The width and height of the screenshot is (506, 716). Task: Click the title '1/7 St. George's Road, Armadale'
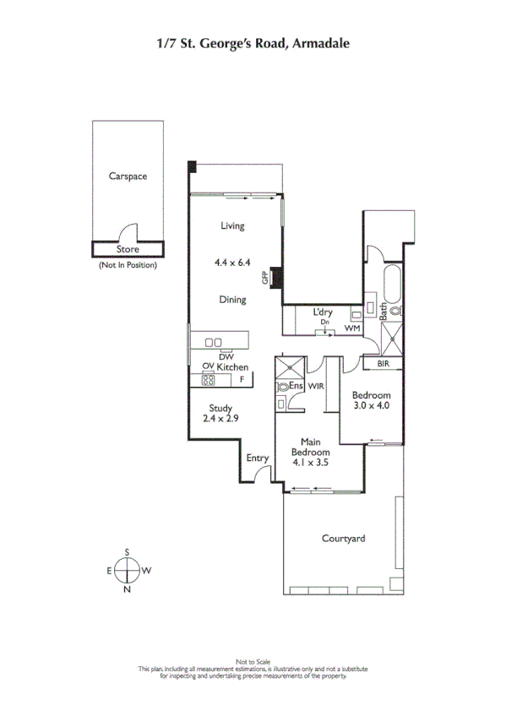click(x=253, y=42)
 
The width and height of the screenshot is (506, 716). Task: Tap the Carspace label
click(x=128, y=176)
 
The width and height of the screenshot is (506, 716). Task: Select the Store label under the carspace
click(x=128, y=249)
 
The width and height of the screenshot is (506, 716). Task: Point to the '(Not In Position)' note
click(x=128, y=264)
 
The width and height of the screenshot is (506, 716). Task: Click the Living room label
click(x=232, y=225)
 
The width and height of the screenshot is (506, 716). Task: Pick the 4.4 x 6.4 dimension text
click(x=233, y=263)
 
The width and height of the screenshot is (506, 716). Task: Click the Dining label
click(x=232, y=300)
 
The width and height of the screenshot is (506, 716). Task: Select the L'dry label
click(x=324, y=312)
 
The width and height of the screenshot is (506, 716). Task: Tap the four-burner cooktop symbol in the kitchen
click(x=208, y=379)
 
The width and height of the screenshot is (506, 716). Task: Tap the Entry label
click(x=257, y=458)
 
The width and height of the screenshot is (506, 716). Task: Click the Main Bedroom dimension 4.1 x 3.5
click(x=310, y=463)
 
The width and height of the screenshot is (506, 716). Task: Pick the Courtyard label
click(x=344, y=538)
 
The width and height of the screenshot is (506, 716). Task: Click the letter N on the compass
click(x=127, y=589)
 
